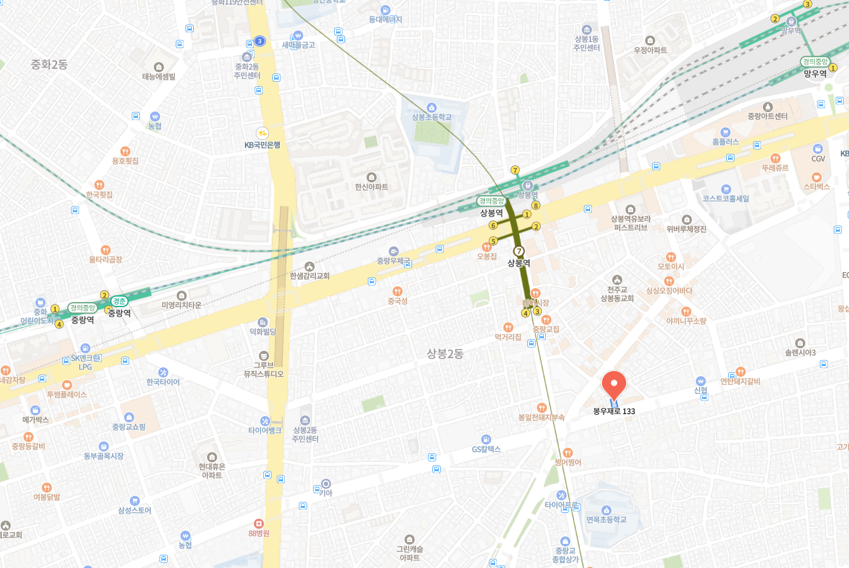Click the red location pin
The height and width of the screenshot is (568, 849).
pos(613,384)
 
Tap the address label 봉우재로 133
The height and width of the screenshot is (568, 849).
pos(613,412)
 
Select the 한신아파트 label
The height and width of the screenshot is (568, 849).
pos(372,187)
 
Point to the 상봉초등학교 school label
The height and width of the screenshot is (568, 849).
pos(432,117)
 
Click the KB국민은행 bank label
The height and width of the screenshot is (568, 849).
pos(262,145)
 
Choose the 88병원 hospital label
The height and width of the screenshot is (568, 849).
pos(258,533)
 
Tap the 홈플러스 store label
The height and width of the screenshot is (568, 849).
pos(725,142)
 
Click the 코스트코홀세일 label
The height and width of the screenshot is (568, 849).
pos(726,198)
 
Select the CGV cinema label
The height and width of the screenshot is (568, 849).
pos(818,158)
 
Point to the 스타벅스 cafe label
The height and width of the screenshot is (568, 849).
pos(816,187)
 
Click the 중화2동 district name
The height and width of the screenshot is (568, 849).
pos(49,65)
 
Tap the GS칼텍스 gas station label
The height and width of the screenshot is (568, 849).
pos(486,450)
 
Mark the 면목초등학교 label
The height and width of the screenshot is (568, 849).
pos(606,519)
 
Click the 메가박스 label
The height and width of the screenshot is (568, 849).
pos(35,420)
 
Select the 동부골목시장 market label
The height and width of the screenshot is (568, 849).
pos(103,456)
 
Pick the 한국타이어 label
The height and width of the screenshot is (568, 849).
pos(163,382)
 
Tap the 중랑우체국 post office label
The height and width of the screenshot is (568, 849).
pos(394,261)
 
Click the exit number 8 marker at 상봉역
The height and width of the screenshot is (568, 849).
pos(536,205)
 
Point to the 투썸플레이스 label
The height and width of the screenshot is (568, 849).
pos(66,394)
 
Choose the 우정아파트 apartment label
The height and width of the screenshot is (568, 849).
pos(650,50)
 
